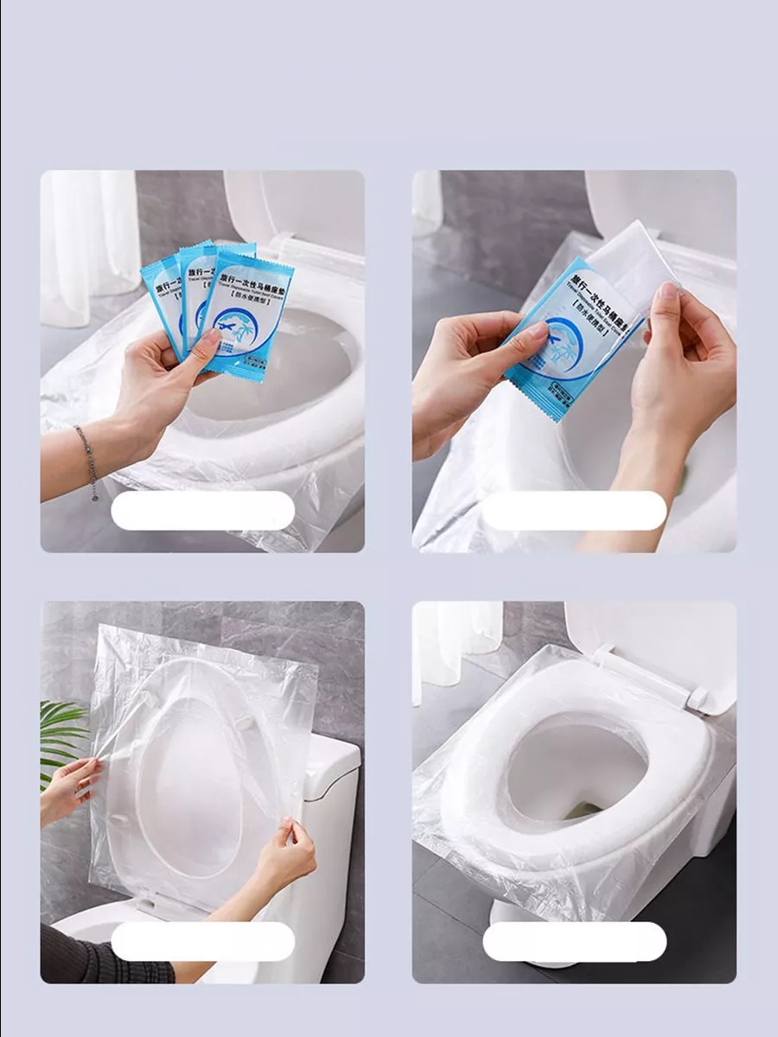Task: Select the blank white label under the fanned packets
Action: pyautogui.click(x=203, y=511)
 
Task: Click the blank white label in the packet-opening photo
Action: pyautogui.click(x=574, y=511)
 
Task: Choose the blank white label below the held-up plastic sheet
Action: pyautogui.click(x=203, y=941)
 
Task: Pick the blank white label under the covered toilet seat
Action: pyautogui.click(x=574, y=941)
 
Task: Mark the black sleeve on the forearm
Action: pyautogui.click(x=95, y=959)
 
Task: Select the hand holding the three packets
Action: pyautogui.click(x=164, y=380)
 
